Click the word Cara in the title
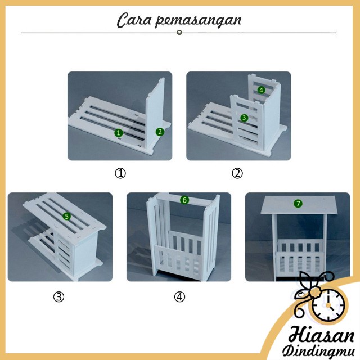[134, 20]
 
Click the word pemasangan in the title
[198, 21]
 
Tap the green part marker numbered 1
[119, 133]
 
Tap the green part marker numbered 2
[160, 132]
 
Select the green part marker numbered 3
[244, 118]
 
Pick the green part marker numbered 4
[261, 90]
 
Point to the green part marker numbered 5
[67, 216]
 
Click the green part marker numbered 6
[184, 200]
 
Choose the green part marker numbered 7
[298, 204]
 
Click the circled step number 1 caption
[120, 173]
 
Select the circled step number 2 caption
[237, 173]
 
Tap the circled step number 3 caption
[58, 297]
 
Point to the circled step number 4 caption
[179, 297]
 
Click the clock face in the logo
[328, 305]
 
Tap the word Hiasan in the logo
[321, 335]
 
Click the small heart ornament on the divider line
[179, 33]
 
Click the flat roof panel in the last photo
[298, 205]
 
